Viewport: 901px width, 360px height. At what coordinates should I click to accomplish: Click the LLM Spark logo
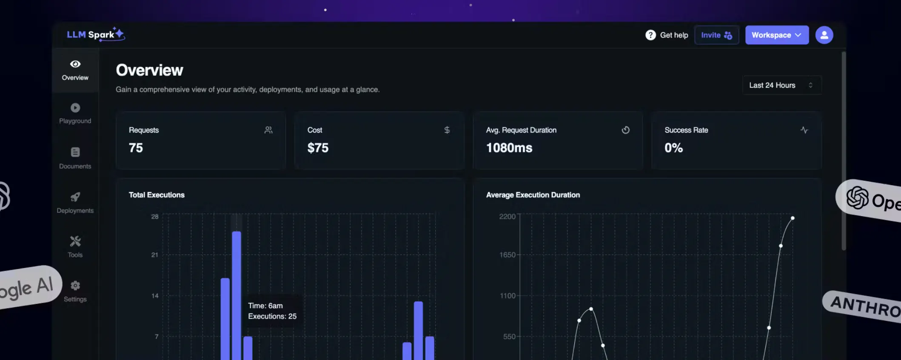96,34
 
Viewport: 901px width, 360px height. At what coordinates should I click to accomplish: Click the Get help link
667,35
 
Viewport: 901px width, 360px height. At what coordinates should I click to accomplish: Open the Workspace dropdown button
776,35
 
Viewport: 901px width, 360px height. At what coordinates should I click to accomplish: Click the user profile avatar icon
824,35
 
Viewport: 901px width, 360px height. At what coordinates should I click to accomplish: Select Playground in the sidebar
75,113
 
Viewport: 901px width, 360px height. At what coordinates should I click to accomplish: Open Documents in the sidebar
75,158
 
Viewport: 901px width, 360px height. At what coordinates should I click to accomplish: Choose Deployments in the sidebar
75,203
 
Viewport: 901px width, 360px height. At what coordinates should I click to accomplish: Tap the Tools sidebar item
75,247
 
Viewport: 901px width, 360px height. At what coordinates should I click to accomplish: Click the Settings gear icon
75,286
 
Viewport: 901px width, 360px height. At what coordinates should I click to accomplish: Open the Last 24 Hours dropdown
781,85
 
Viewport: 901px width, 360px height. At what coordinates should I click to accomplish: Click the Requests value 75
136,148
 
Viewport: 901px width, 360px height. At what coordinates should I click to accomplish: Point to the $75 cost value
318,148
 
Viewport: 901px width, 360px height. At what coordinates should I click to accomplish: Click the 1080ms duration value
509,148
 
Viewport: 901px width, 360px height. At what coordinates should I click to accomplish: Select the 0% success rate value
673,148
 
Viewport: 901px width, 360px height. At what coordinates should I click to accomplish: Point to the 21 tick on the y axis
154,255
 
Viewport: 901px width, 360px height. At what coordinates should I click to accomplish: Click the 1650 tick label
507,255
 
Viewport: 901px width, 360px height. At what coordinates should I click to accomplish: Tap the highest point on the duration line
793,218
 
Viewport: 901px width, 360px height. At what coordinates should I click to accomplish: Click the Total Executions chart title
157,195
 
